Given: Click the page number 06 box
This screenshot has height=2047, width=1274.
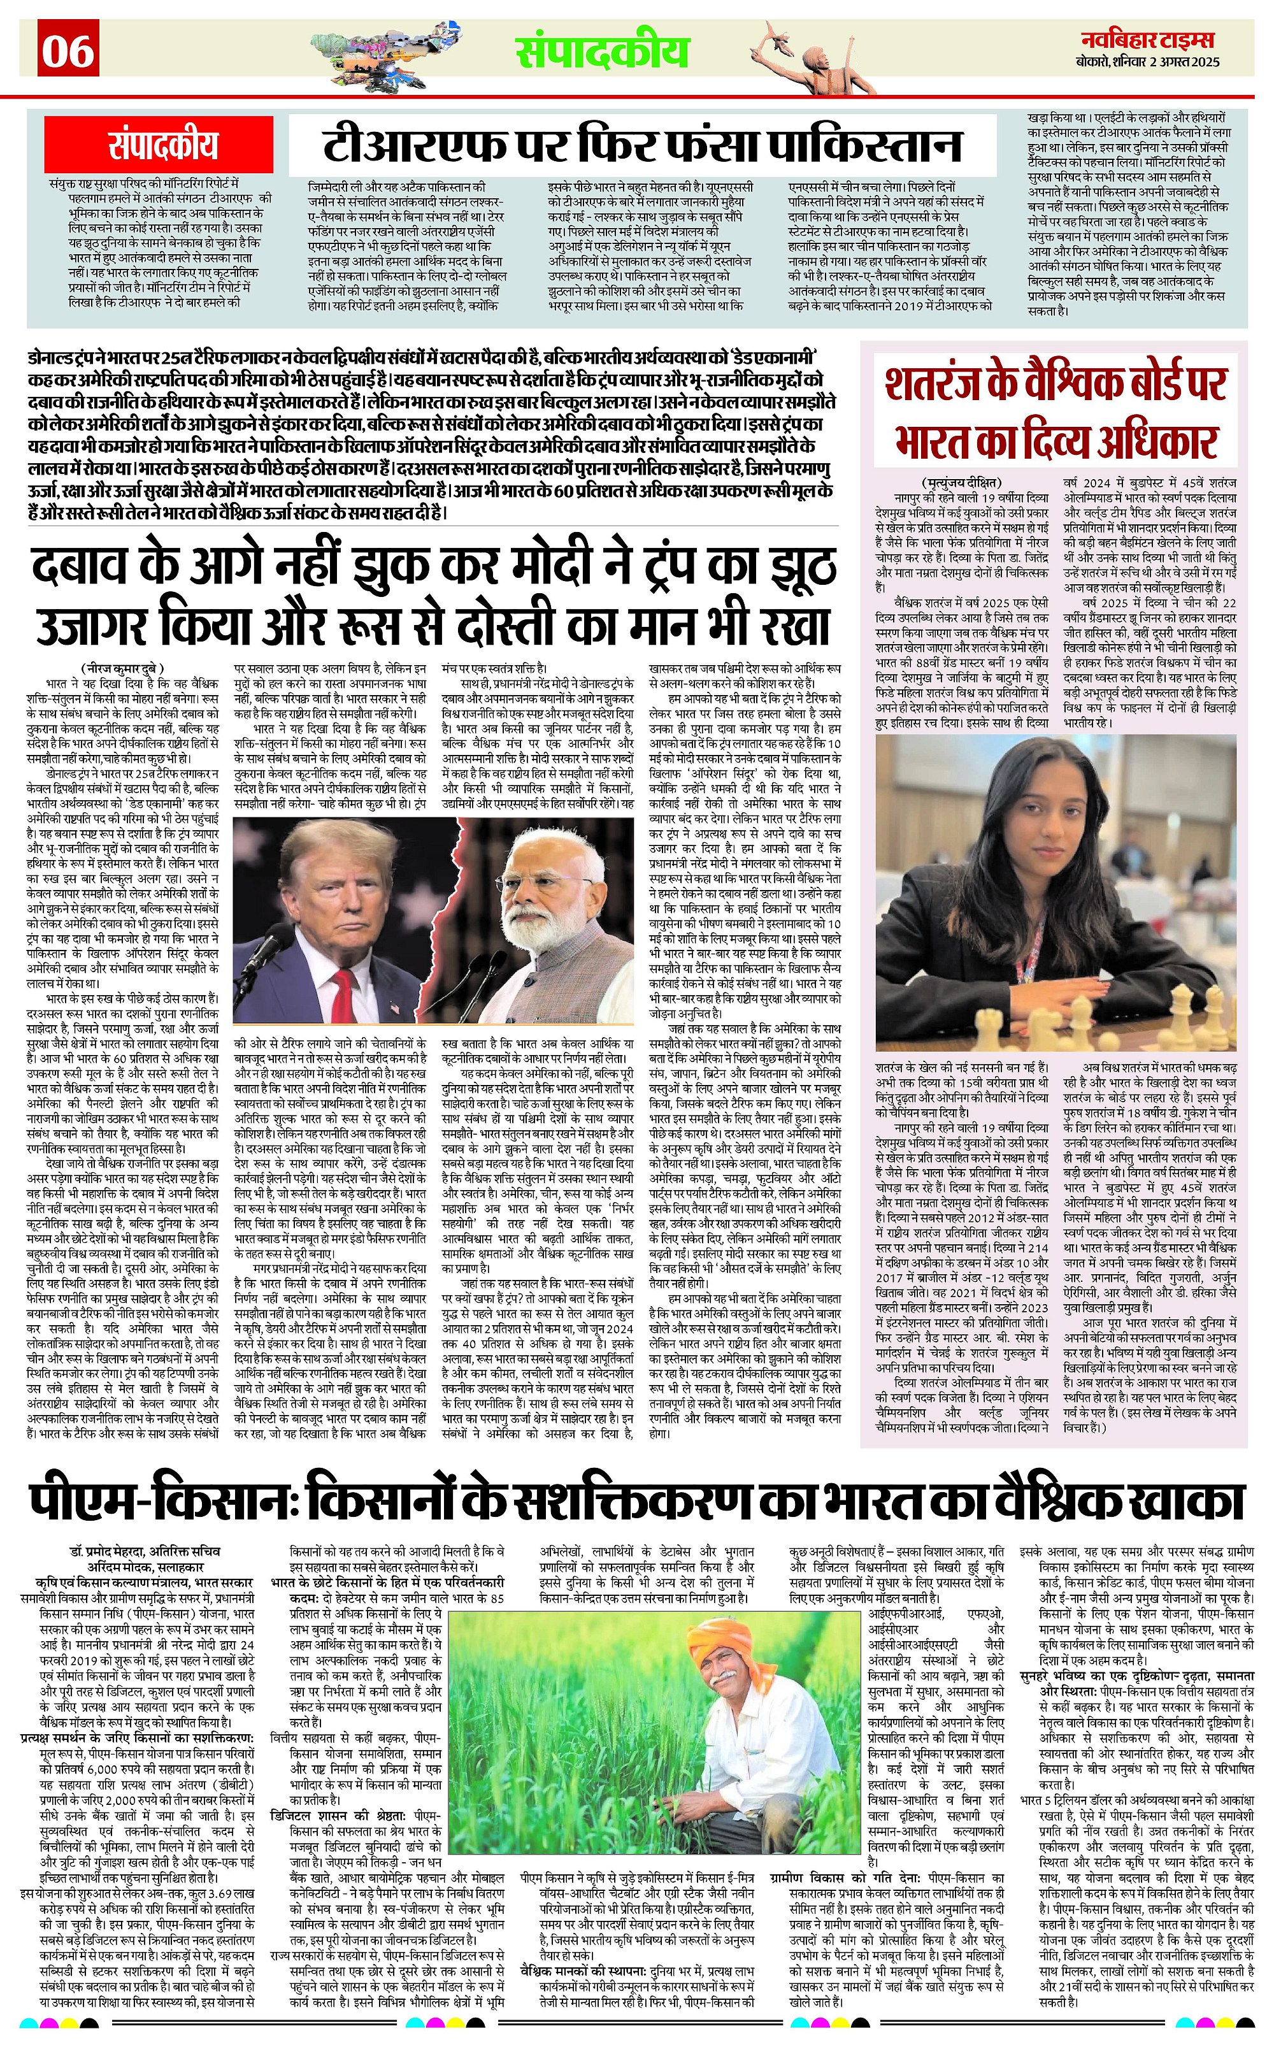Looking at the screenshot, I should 68,50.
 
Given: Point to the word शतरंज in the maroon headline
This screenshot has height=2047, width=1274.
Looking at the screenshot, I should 935,384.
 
